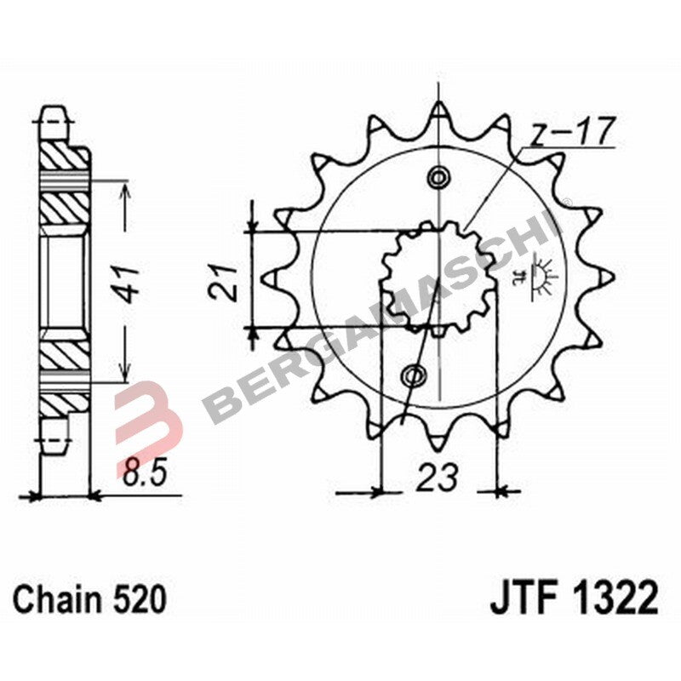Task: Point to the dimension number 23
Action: (x=438, y=476)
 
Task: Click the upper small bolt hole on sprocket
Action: (x=439, y=178)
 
